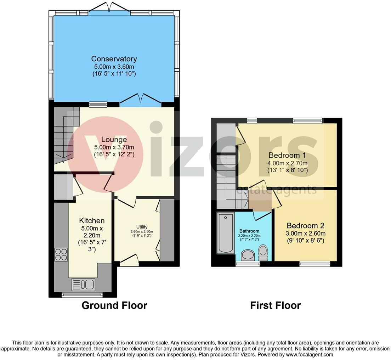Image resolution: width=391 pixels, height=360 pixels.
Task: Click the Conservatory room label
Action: pos(114,59)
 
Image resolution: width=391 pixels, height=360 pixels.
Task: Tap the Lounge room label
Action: pos(114,140)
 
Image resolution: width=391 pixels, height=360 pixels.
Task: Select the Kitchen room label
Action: pos(92,220)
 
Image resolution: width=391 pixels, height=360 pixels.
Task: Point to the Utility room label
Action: pos(142,227)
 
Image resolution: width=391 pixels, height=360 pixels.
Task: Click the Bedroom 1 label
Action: pos(287,155)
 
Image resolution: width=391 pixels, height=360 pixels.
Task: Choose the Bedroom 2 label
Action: pos(305,225)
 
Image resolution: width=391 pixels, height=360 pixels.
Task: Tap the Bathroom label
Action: pos(249,231)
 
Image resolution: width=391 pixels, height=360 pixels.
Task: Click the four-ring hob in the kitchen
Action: pos(61,254)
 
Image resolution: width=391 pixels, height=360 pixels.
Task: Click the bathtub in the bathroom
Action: pos(226,233)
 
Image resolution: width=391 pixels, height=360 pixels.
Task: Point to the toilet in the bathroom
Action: pos(263,253)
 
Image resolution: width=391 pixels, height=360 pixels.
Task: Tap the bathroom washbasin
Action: pos(248,255)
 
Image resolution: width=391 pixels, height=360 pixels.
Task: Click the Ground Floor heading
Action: pos(114,305)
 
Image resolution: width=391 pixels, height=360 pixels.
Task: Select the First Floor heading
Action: pos(276,305)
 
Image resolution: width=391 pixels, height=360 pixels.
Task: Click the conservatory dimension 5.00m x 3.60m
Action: pos(114,67)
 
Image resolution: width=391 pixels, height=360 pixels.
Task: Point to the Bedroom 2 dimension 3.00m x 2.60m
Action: pos(305,234)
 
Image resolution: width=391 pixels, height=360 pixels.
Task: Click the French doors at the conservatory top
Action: pos(109,7)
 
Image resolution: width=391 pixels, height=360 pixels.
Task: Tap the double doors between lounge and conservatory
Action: pos(141,99)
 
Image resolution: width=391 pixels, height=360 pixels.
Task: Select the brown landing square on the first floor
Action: pos(260,202)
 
